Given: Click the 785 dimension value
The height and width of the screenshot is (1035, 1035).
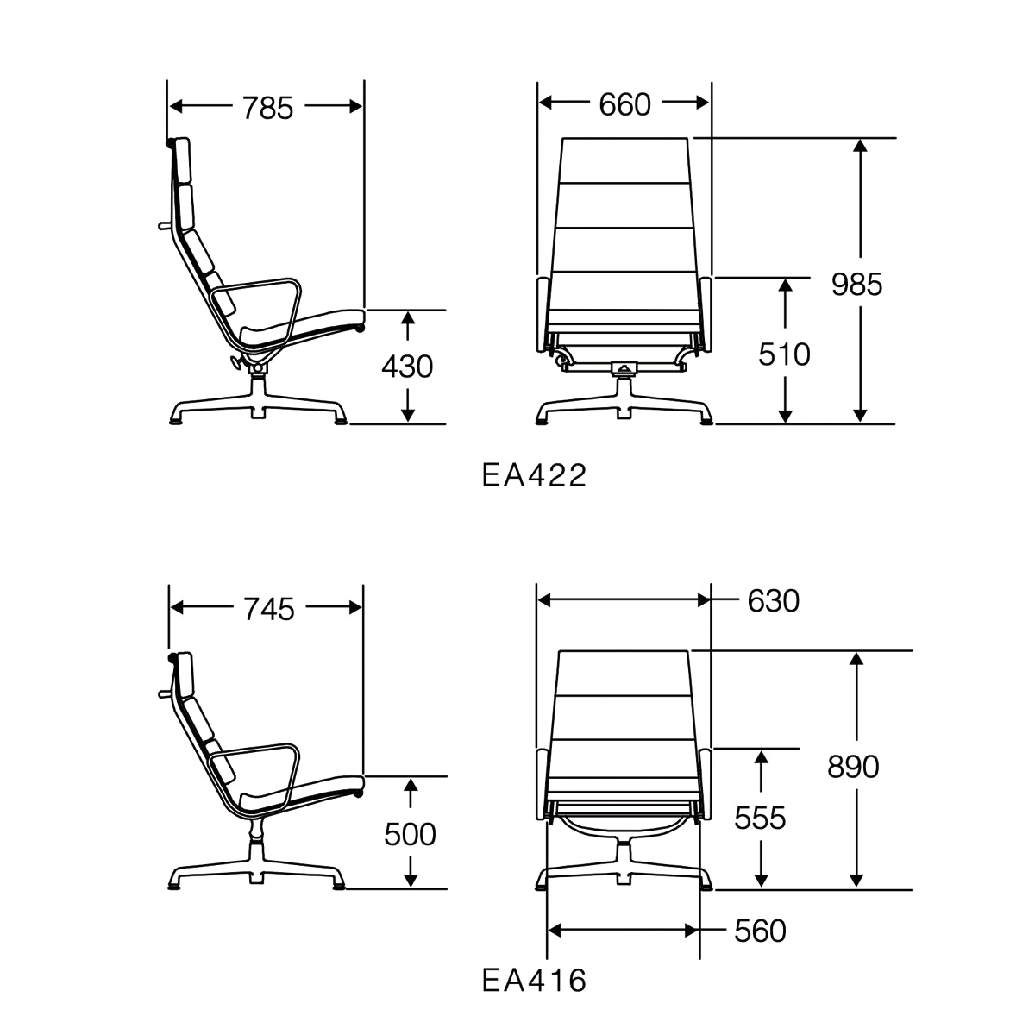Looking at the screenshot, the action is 267,108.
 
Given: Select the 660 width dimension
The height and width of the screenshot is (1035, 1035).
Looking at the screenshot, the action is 624,104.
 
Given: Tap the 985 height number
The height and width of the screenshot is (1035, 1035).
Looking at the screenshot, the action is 856,284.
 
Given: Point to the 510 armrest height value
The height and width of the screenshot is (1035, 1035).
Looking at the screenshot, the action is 784,354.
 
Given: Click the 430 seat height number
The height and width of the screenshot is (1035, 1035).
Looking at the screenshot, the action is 407,367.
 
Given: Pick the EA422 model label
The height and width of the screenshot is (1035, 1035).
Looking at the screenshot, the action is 534,475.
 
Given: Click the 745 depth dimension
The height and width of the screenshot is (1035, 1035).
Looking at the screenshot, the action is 269,610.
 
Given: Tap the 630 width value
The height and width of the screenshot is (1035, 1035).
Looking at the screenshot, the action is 774,601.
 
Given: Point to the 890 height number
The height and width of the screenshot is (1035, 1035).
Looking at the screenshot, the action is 853,767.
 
